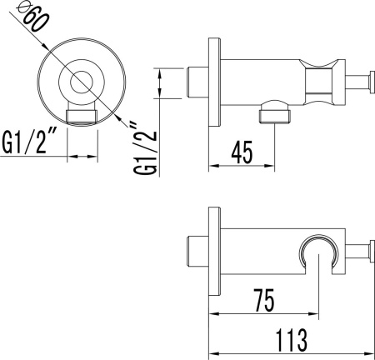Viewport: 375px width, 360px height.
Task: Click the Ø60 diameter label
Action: (32, 17)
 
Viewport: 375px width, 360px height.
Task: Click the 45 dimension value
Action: (242, 152)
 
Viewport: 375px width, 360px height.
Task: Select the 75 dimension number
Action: (264, 300)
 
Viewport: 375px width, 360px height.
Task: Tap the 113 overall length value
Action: (292, 340)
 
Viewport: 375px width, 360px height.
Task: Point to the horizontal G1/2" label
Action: (27, 142)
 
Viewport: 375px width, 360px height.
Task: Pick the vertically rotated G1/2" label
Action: (145, 147)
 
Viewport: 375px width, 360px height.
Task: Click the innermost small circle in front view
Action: (81, 82)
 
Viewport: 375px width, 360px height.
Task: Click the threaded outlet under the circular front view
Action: (82, 117)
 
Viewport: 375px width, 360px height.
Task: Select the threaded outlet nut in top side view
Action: (275, 116)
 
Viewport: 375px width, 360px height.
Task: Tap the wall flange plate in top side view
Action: (215, 82)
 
